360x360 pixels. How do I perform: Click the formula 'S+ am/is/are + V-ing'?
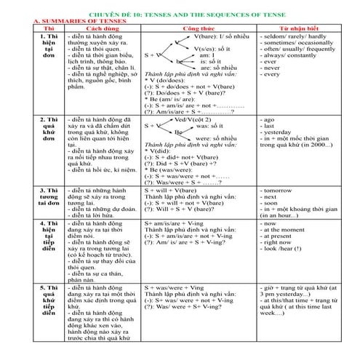point(175,223)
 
